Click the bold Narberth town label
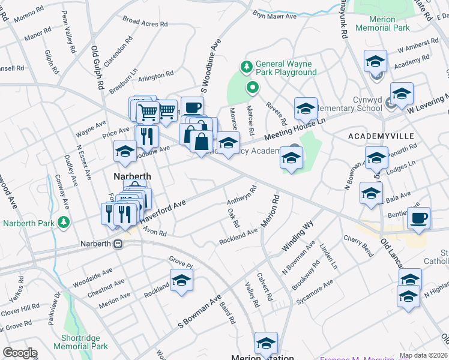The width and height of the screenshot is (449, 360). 133,176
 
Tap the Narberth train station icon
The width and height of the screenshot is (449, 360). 119,244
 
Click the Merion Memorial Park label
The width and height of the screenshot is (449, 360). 383,23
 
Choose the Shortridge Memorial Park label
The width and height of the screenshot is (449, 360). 80,341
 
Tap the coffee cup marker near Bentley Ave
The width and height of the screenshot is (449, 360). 418,217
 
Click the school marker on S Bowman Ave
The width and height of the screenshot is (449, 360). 181,280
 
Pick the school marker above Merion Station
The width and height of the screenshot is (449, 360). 266,343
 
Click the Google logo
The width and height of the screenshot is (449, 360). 20,353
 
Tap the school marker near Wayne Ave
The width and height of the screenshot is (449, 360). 125,151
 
